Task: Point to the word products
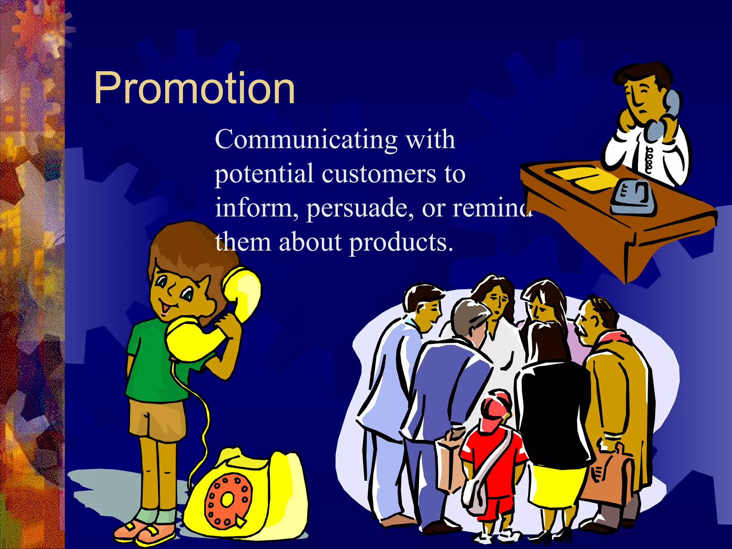pos(401,242)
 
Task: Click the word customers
pos(379,174)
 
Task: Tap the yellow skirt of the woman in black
pos(558,483)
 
